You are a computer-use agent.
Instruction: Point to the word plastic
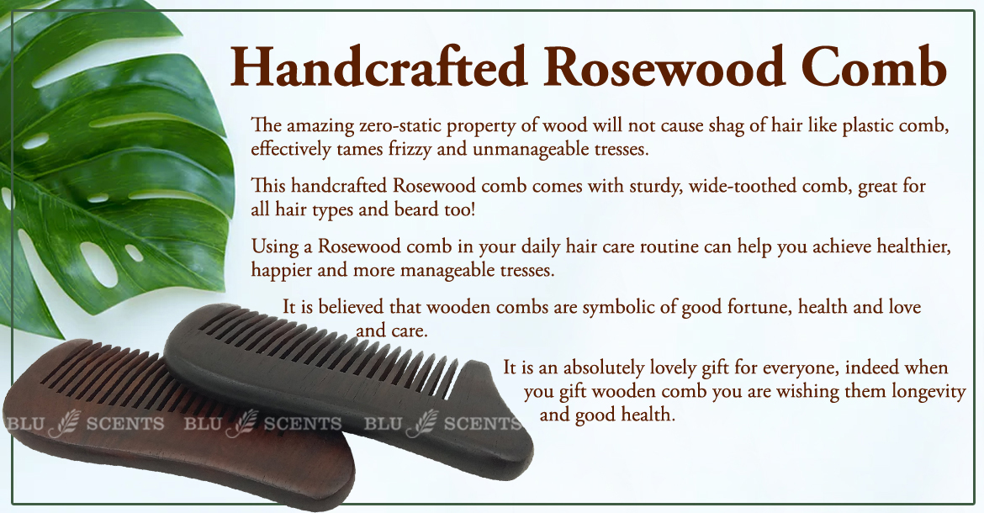click(x=869, y=125)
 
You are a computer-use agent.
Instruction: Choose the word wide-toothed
click(x=752, y=186)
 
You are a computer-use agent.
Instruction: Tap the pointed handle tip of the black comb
click(x=484, y=364)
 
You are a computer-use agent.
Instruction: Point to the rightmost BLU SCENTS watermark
click(x=442, y=424)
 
